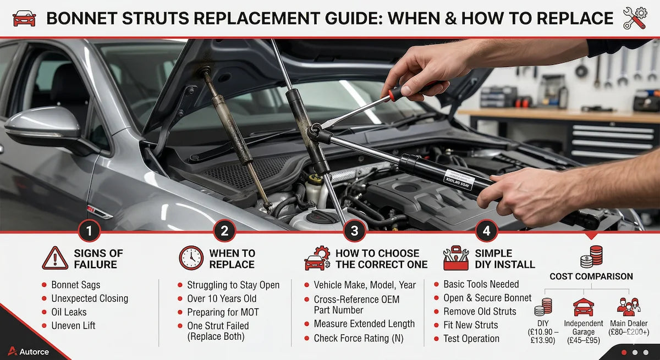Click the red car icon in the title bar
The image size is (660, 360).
(24, 19)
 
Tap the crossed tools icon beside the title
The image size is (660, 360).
(635, 18)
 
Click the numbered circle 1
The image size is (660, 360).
(89, 231)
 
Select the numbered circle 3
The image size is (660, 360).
(354, 231)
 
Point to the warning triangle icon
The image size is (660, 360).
(55, 258)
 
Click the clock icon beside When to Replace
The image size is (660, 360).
(191, 258)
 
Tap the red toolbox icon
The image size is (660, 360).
(456, 258)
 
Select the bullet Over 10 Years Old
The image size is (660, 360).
(223, 298)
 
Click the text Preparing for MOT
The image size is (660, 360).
(223, 312)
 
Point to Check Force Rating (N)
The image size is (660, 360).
(359, 338)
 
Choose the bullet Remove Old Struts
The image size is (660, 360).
(480, 312)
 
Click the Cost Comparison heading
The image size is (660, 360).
(591, 276)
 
